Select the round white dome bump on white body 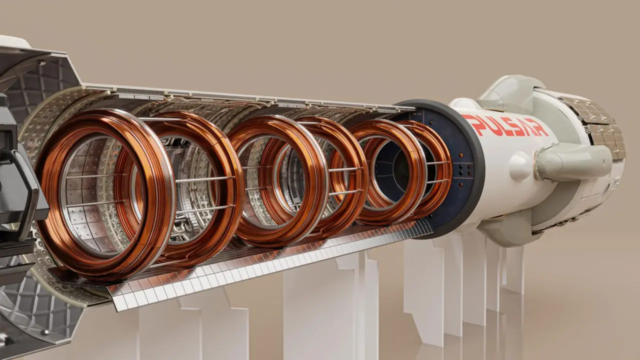pyautogui.click(x=521, y=165)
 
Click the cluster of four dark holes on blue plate pyautogui.click(x=461, y=169)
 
